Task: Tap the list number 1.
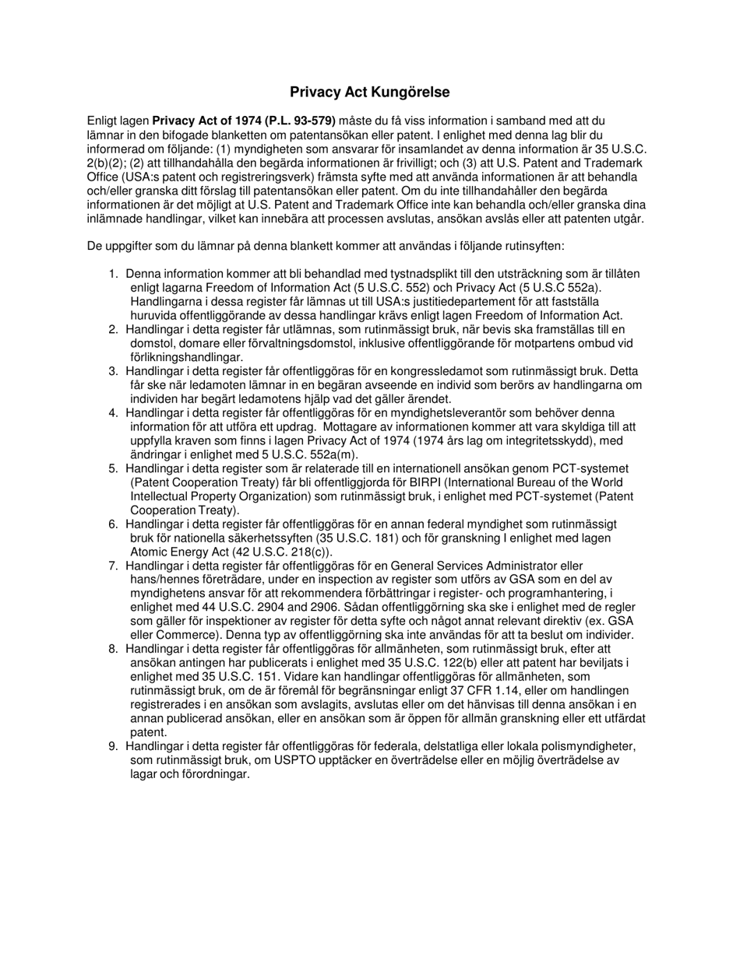[x=113, y=274]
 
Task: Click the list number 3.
[x=113, y=371]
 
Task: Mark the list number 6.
[x=113, y=524]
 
